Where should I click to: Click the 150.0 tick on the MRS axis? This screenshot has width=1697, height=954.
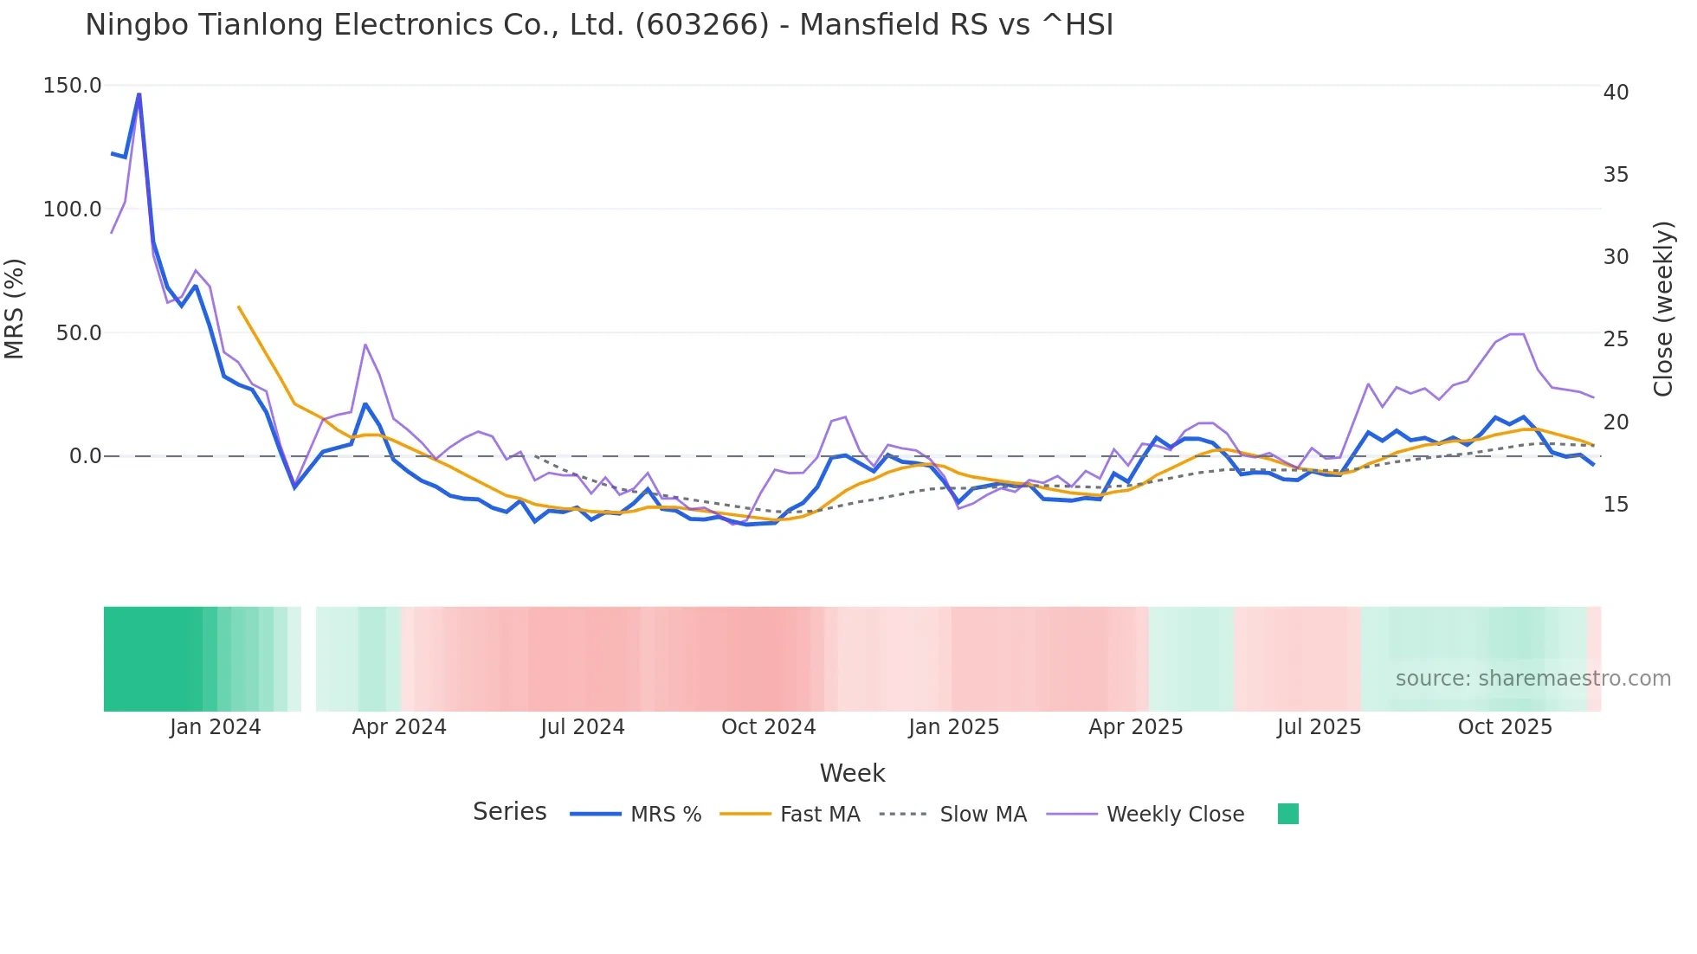[72, 86]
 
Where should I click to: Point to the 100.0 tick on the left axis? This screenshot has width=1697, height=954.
[72, 209]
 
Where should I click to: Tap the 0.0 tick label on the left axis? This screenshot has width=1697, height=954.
[85, 456]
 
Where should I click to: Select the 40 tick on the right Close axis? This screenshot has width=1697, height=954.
[1616, 93]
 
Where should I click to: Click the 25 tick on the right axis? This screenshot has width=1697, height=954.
[1616, 339]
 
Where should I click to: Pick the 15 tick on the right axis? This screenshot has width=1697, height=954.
[1616, 505]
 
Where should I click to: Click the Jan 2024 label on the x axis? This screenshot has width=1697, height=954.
[215, 727]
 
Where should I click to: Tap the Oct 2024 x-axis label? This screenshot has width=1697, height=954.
[768, 727]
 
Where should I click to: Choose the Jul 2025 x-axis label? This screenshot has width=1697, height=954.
[1319, 727]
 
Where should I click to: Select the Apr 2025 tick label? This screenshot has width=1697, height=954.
[1135, 727]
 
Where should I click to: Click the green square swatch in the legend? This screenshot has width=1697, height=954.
[1287, 814]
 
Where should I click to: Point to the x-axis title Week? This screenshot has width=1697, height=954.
[852, 773]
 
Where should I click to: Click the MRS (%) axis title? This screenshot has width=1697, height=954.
[15, 308]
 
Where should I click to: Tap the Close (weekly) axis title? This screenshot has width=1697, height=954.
[1662, 308]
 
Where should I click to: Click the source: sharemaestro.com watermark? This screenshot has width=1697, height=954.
[1532, 679]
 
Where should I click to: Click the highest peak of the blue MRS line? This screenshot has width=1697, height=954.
[139, 93]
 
